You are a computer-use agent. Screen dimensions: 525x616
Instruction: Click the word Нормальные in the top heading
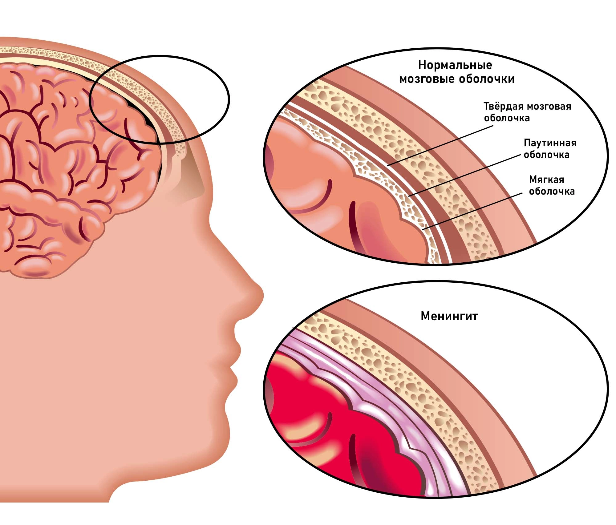point(455,65)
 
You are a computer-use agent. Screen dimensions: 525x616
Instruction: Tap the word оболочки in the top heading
point(487,79)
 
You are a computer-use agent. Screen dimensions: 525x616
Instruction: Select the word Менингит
point(449,316)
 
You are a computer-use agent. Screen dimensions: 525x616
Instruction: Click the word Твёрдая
point(504,106)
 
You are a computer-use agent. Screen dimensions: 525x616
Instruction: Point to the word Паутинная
point(550,143)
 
